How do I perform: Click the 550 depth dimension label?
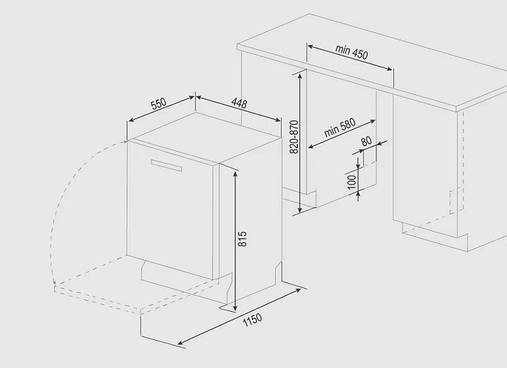coord(158,103)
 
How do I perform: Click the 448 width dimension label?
coord(239,103)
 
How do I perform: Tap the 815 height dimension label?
coord(242,239)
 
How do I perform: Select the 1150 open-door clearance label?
coord(253,320)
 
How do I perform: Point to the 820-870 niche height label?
coord(294,137)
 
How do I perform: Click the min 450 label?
coord(352,52)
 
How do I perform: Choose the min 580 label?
coord(340,127)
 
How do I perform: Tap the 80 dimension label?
coord(367,141)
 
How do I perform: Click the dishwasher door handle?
coord(166,165)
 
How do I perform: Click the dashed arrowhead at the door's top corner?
coord(125,142)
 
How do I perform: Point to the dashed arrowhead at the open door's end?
coord(55,282)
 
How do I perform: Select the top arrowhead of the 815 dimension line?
coord(235,174)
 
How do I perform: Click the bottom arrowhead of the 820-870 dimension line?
coord(300,209)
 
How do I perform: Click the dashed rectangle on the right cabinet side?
coord(456,200)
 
